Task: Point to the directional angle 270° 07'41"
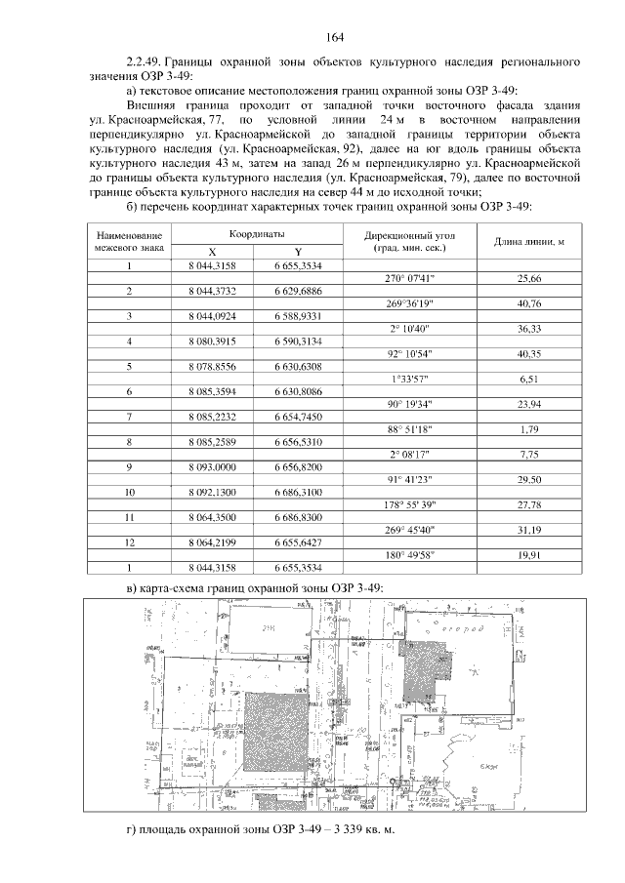pos(411,278)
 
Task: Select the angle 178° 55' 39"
pos(411,504)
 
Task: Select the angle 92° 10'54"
pos(411,353)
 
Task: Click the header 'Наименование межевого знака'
pos(129,242)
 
